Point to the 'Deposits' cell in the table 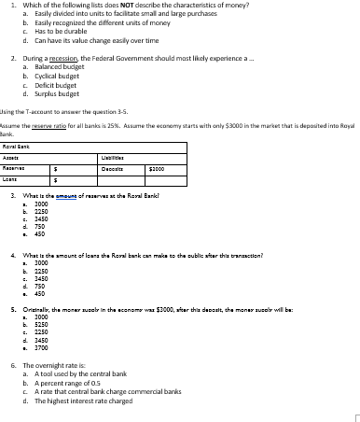(x=210, y=146)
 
